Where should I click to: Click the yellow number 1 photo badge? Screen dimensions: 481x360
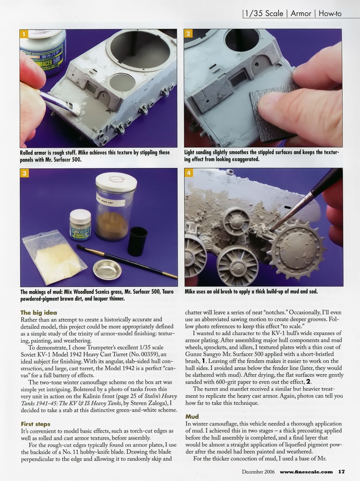click(25, 34)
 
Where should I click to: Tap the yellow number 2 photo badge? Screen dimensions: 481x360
click(189, 34)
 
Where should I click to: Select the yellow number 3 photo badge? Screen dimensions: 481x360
click(25, 173)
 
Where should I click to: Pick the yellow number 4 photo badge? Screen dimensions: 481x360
click(189, 173)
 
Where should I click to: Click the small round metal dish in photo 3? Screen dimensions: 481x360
click(107, 269)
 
